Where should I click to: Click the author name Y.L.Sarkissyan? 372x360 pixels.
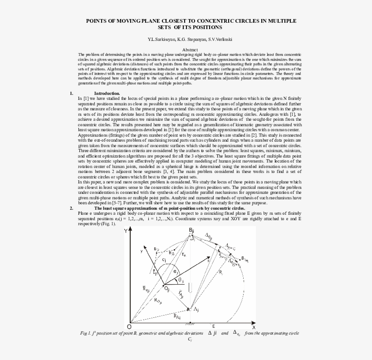tap(160, 39)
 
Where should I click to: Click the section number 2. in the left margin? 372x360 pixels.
tap(72, 208)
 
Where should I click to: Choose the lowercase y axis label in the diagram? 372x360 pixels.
tap(142, 250)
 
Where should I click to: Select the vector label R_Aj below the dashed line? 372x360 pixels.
tap(177, 316)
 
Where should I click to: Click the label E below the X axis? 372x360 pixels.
tap(213, 326)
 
